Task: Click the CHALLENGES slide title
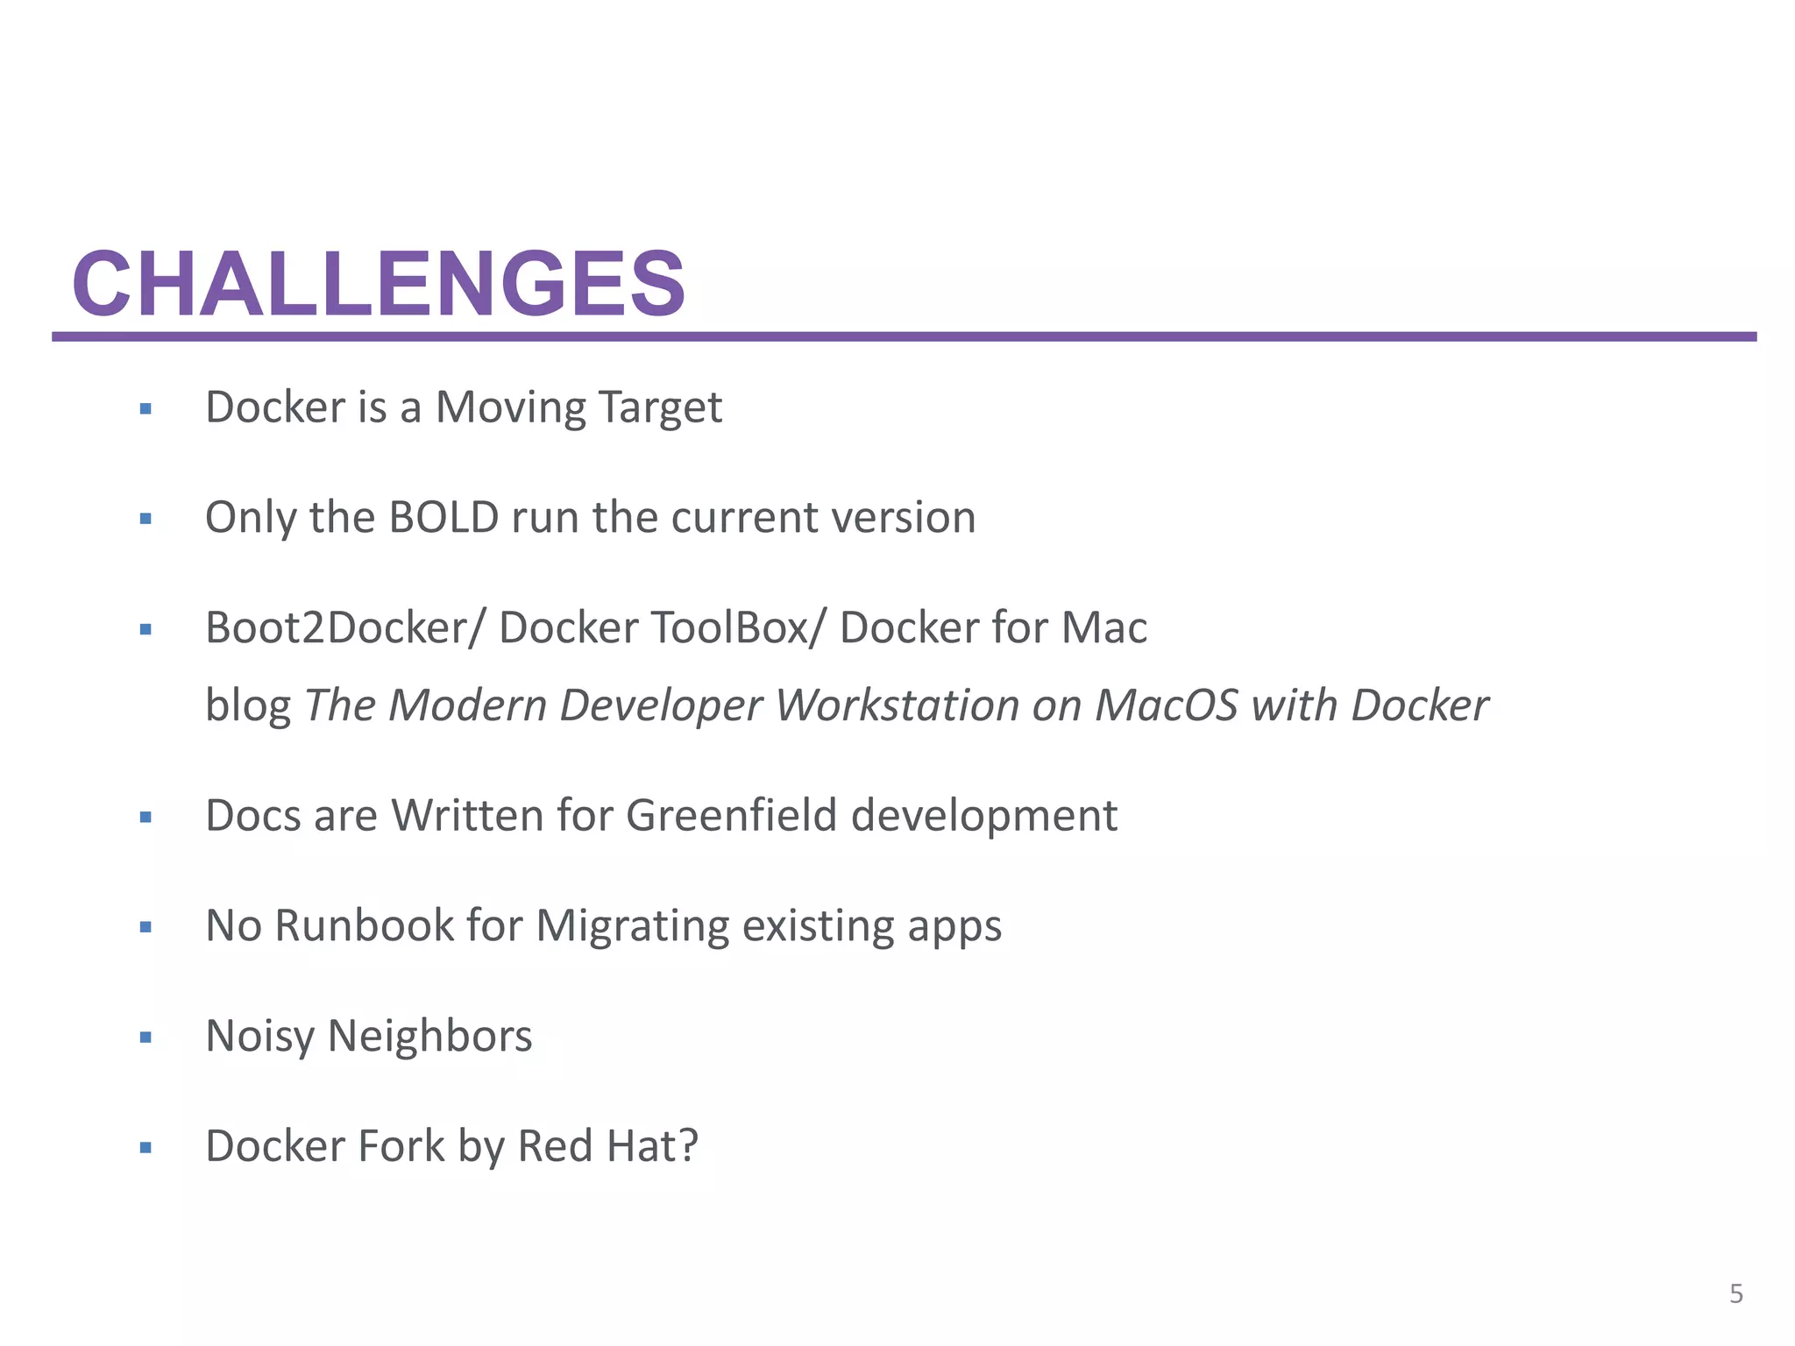pyautogui.click(x=379, y=284)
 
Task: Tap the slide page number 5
pyautogui.click(x=1736, y=1293)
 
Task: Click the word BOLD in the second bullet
pyautogui.click(x=443, y=517)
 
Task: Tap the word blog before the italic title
pyautogui.click(x=248, y=705)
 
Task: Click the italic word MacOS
pyautogui.click(x=1167, y=705)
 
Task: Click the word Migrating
pyautogui.click(x=632, y=926)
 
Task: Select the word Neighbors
pyautogui.click(x=429, y=1037)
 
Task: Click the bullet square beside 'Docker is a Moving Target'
pyautogui.click(x=145, y=408)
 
